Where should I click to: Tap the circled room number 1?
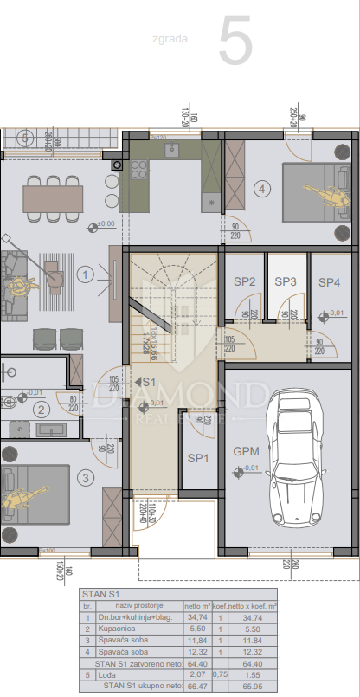point(85,275)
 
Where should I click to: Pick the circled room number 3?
point(85,476)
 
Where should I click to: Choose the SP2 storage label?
point(245,282)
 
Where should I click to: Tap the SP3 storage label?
point(286,282)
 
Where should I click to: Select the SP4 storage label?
point(329,282)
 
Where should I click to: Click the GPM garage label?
point(247,451)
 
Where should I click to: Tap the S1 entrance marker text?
point(147,381)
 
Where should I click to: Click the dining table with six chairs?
point(53,198)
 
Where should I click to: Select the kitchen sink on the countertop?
point(171,149)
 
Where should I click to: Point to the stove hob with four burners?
point(138,171)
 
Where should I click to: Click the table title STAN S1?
point(100,594)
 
